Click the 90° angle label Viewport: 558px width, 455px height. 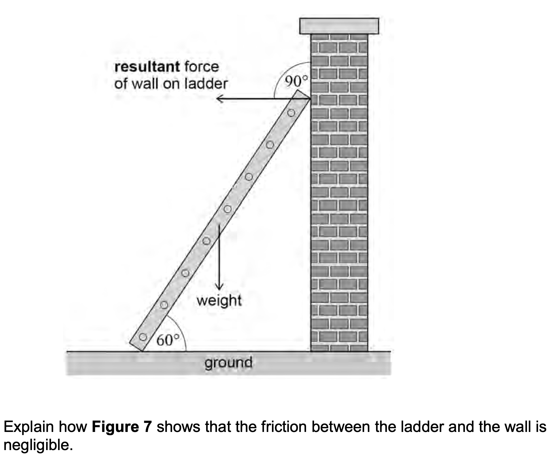296,81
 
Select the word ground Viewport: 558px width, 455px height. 228,362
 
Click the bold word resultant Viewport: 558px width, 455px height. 147,67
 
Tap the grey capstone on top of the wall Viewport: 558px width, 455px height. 339,26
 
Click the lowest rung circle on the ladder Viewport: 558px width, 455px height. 143,337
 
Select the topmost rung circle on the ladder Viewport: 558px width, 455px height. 291,113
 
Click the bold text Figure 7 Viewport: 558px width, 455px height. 122,427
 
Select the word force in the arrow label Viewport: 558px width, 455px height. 202,67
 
